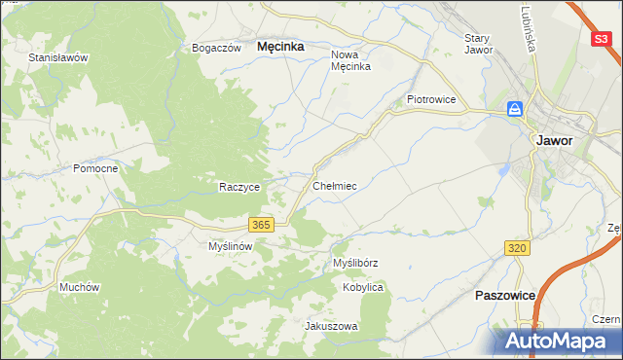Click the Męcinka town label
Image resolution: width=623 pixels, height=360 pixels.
tap(279, 46)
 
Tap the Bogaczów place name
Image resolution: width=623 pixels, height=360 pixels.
tap(216, 48)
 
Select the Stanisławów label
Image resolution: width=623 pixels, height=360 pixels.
tap(58, 57)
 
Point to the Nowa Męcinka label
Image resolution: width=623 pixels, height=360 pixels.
tap(350, 60)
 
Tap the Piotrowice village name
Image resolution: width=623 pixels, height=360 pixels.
tap(431, 99)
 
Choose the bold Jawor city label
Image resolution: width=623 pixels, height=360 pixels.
tap(554, 140)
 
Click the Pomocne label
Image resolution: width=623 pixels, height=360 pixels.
tap(95, 168)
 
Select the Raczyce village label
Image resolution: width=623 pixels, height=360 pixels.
tap(238, 187)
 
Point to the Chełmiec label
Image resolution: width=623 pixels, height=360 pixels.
tap(334, 185)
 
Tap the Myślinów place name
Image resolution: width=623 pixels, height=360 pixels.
tap(231, 247)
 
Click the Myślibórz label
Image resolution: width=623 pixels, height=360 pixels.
tap(355, 264)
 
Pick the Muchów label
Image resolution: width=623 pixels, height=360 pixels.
tap(80, 287)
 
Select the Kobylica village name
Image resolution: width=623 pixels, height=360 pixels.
tap(363, 288)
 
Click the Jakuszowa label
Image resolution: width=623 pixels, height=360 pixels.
tap(332, 326)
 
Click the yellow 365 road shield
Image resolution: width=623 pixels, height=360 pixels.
tap(260, 225)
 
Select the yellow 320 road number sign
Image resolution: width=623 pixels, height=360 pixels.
tap(518, 249)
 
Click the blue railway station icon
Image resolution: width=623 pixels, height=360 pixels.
tap(515, 110)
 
